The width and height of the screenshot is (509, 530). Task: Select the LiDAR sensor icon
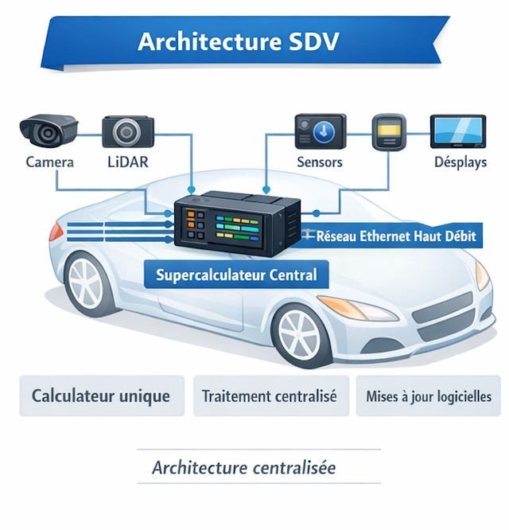[x=126, y=131]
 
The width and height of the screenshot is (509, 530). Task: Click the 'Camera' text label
[x=50, y=162]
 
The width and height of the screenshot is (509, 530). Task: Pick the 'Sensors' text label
[x=319, y=162]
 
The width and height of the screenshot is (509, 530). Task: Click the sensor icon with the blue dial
[x=320, y=131]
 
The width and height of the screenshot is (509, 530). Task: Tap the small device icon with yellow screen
[x=389, y=131]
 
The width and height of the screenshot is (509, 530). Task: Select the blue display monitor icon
[x=457, y=131]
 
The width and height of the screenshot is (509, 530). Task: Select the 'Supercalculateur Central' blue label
[x=236, y=275]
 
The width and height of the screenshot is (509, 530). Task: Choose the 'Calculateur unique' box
[x=101, y=396]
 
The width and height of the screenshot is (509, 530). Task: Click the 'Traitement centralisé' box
[x=270, y=396]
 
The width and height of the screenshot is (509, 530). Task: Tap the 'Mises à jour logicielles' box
[x=429, y=396]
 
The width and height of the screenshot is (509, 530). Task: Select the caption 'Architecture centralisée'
[x=243, y=467]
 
